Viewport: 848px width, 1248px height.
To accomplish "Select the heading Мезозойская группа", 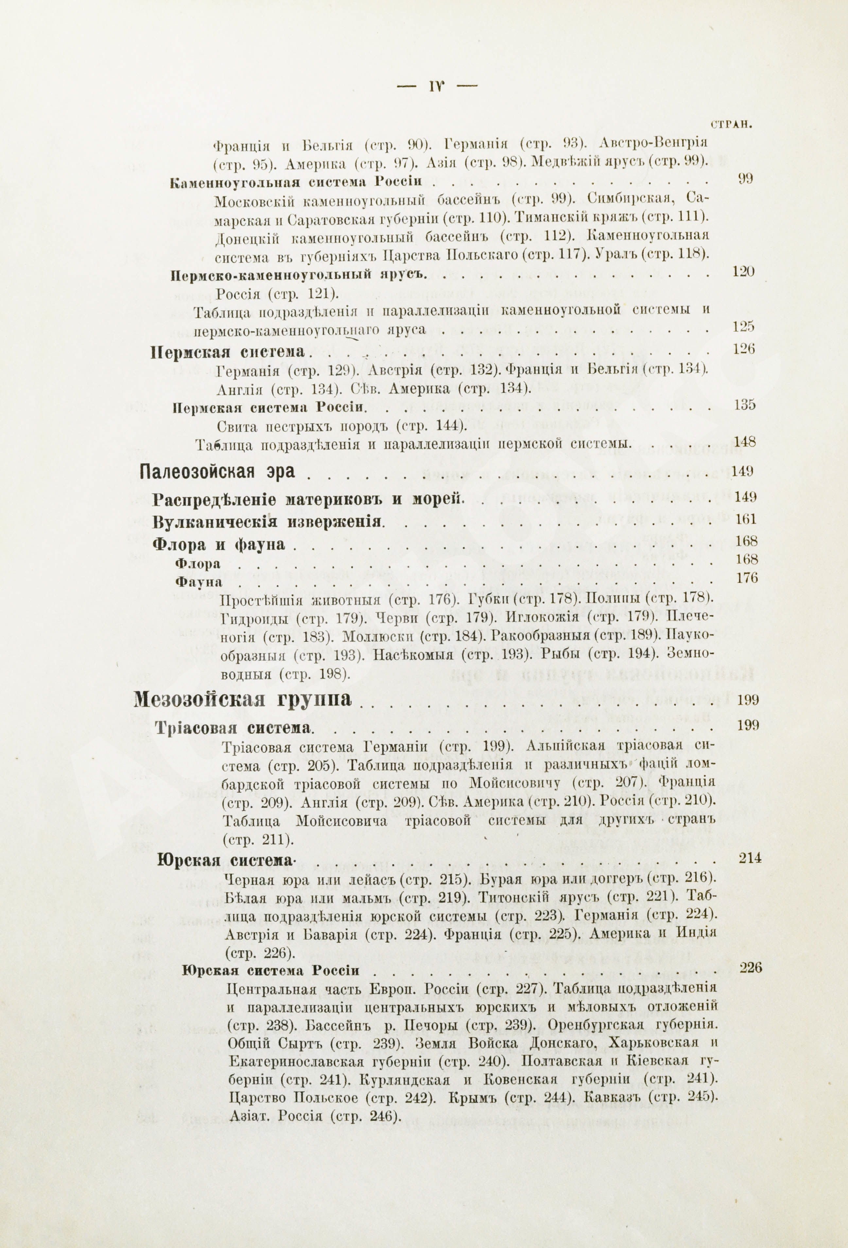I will click(243, 700).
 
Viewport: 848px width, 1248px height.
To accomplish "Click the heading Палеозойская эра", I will click(217, 472).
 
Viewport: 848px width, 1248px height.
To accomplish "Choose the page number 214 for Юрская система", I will click(750, 858).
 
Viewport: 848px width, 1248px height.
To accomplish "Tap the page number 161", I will click(746, 519).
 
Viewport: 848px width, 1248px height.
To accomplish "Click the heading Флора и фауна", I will click(218, 544).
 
